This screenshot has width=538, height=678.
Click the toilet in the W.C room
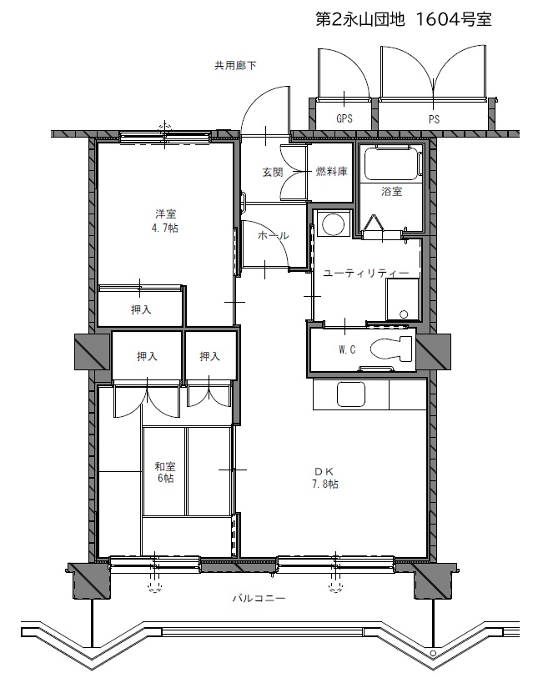[391, 348]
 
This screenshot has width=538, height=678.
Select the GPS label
[344, 118]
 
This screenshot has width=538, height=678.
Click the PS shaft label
[434, 119]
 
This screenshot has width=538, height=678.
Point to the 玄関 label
[273, 172]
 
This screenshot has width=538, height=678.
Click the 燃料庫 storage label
[332, 171]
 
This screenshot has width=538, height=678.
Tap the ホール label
[274, 236]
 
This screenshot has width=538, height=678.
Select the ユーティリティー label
[366, 274]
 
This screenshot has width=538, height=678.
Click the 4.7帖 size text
[165, 228]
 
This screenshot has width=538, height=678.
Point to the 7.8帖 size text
[325, 484]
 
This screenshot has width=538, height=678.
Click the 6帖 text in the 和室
[165, 478]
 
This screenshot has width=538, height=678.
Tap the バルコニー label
[259, 599]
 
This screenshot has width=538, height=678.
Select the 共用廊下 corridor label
[235, 66]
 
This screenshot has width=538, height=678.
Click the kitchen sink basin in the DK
[351, 394]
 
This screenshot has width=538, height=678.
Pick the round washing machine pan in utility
[332, 224]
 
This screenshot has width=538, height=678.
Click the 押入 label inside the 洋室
[141, 309]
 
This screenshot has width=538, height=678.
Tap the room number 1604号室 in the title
[453, 19]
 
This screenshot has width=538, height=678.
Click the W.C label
[347, 349]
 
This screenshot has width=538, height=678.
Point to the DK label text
[324, 471]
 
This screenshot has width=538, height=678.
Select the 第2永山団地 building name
[360, 19]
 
